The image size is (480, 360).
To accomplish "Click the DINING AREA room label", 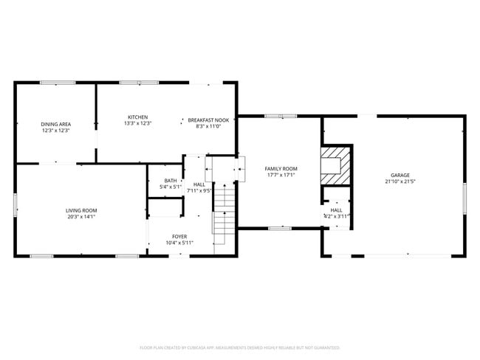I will pos(55,124).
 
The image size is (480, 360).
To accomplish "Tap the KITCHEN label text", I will pos(138,117).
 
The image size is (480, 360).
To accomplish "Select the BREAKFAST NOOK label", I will pos(208,120).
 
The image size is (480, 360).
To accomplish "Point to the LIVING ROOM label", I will pos(81,210).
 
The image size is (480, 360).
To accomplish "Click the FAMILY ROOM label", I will pos(281,168).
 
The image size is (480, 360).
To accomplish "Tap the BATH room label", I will pos(171,181).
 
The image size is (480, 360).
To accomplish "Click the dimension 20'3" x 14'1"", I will pos(81,217).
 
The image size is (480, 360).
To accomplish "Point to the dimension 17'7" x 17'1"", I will pos(281,175).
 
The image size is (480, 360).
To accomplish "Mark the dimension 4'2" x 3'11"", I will pos(336,216).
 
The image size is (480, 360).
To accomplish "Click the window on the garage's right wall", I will pos(464,199).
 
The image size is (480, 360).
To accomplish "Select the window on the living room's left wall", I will pos(15,204).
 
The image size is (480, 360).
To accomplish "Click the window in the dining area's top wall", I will pos(58,83).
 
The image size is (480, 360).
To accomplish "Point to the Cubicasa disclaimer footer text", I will pos(240,347).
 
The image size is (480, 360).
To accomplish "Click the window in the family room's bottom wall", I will pos(279,228).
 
